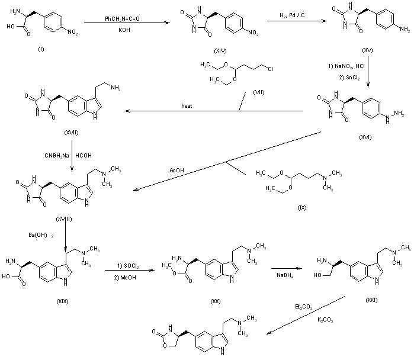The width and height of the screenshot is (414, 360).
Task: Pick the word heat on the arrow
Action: [187, 107]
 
